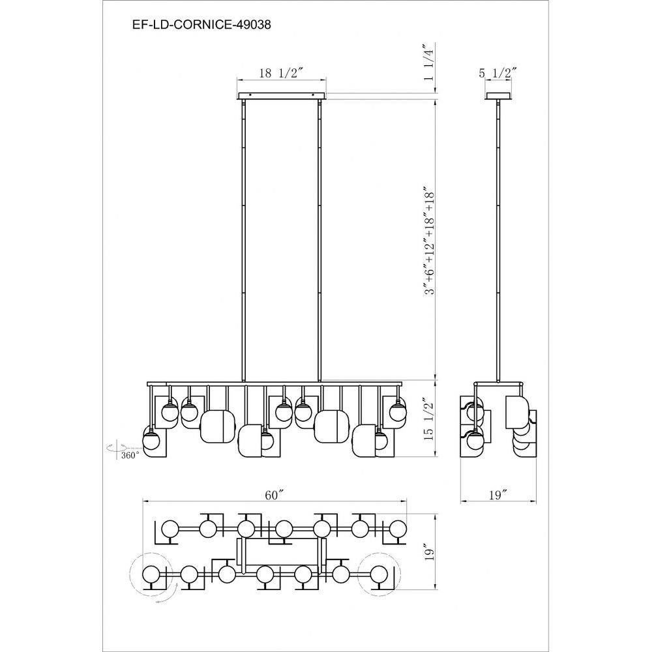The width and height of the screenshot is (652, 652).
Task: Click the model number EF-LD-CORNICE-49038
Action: (201, 25)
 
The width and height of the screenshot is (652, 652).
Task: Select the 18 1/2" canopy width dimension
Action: (280, 73)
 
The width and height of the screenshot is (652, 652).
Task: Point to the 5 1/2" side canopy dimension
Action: (497, 73)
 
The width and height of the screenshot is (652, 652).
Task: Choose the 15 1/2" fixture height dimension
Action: (429, 421)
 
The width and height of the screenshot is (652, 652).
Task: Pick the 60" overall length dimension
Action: (274, 496)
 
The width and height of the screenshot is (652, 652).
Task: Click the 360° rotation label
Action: (130, 455)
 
